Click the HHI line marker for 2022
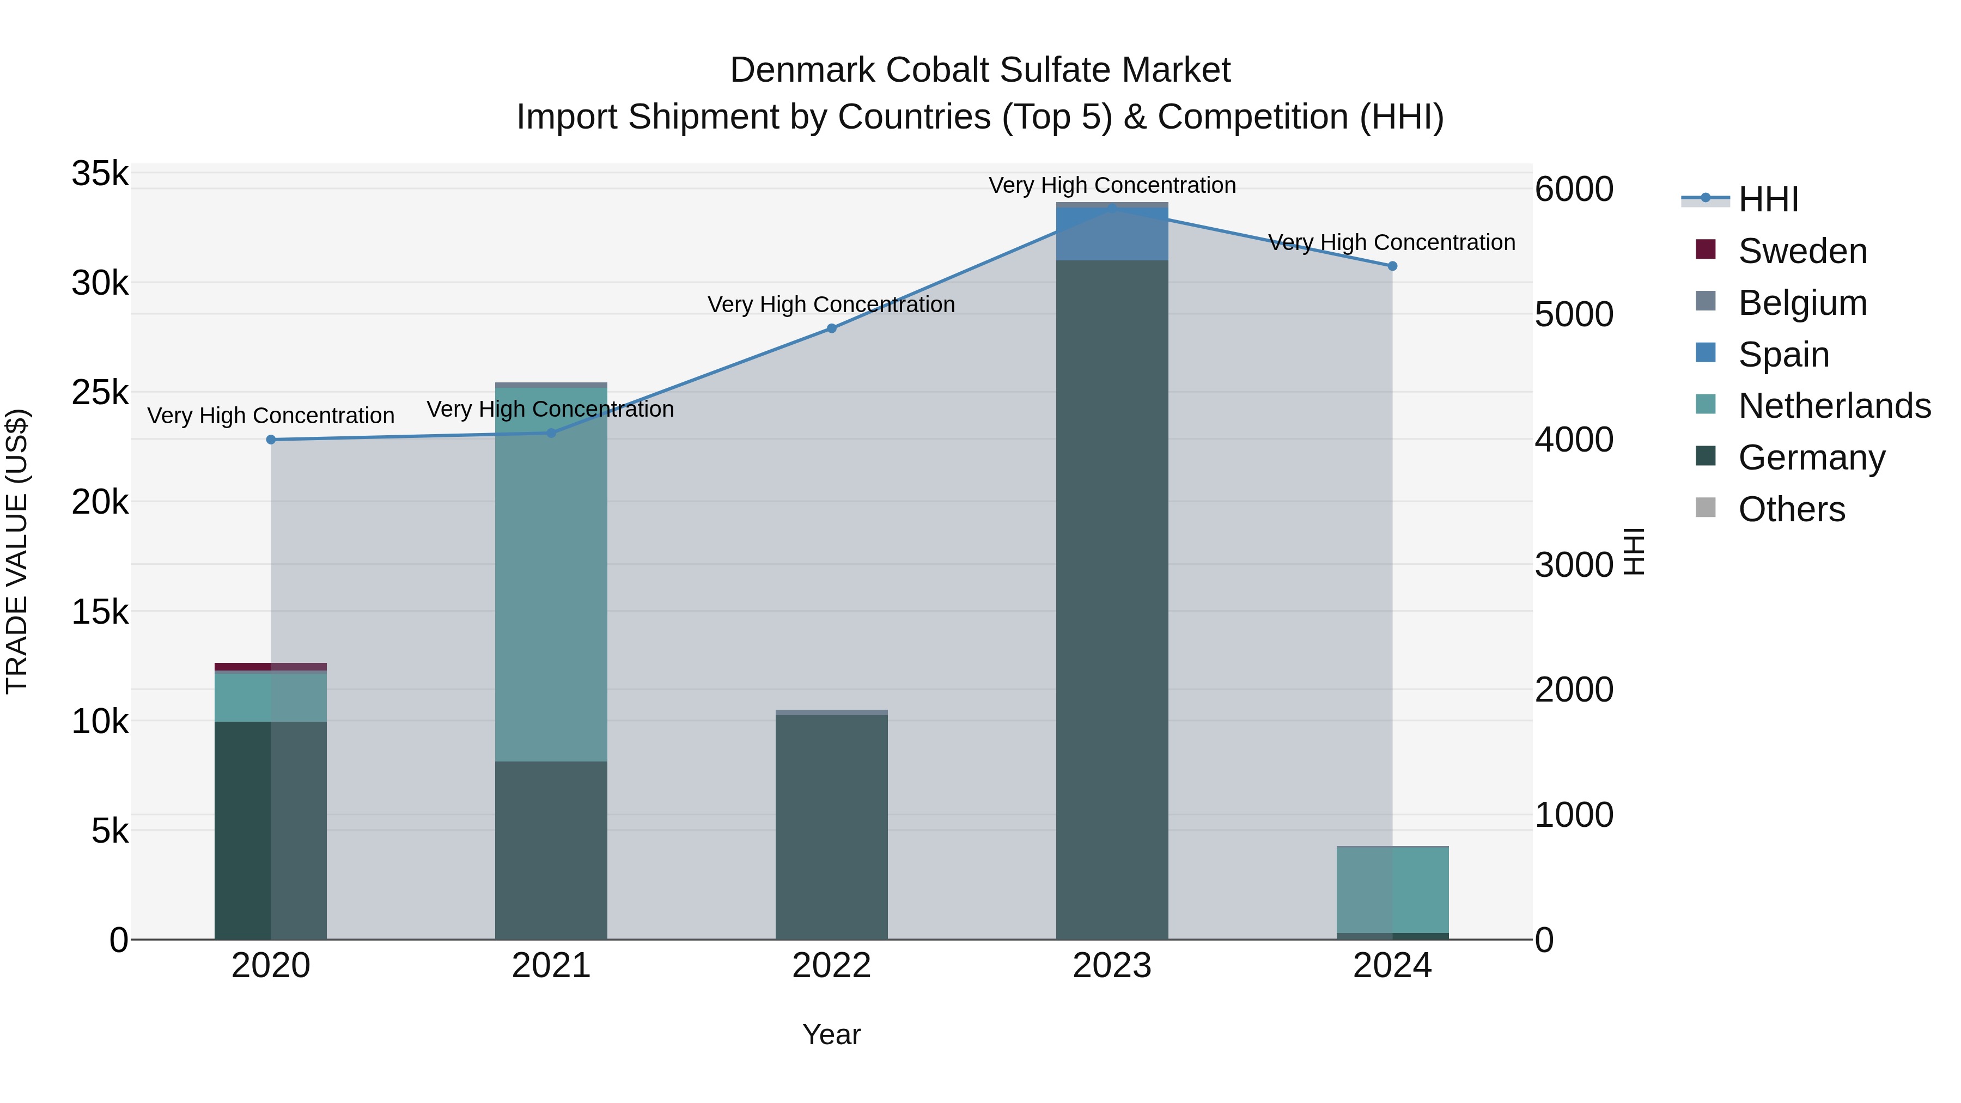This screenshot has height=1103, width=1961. (831, 328)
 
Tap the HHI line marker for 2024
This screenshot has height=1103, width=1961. (1392, 266)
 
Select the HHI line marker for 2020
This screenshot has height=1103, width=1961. (271, 439)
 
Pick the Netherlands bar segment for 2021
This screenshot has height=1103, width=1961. (551, 574)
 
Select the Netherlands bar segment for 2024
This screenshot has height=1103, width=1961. (1392, 889)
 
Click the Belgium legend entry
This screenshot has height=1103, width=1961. (1802, 303)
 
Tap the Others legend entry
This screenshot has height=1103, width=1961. (1791, 509)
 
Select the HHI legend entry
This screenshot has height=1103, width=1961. (1768, 199)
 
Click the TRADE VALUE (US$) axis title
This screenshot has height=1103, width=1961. (17, 551)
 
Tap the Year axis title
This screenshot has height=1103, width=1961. (831, 1034)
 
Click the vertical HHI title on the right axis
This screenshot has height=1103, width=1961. (1634, 551)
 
